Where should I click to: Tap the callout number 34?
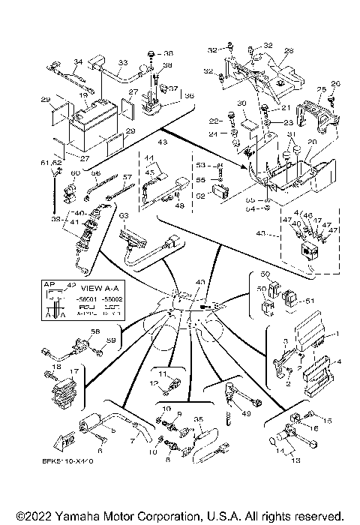pyautogui.click(x=78, y=61)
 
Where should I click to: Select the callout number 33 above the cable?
pyautogui.click(x=122, y=63)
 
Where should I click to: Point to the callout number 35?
pyautogui.click(x=199, y=418)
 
